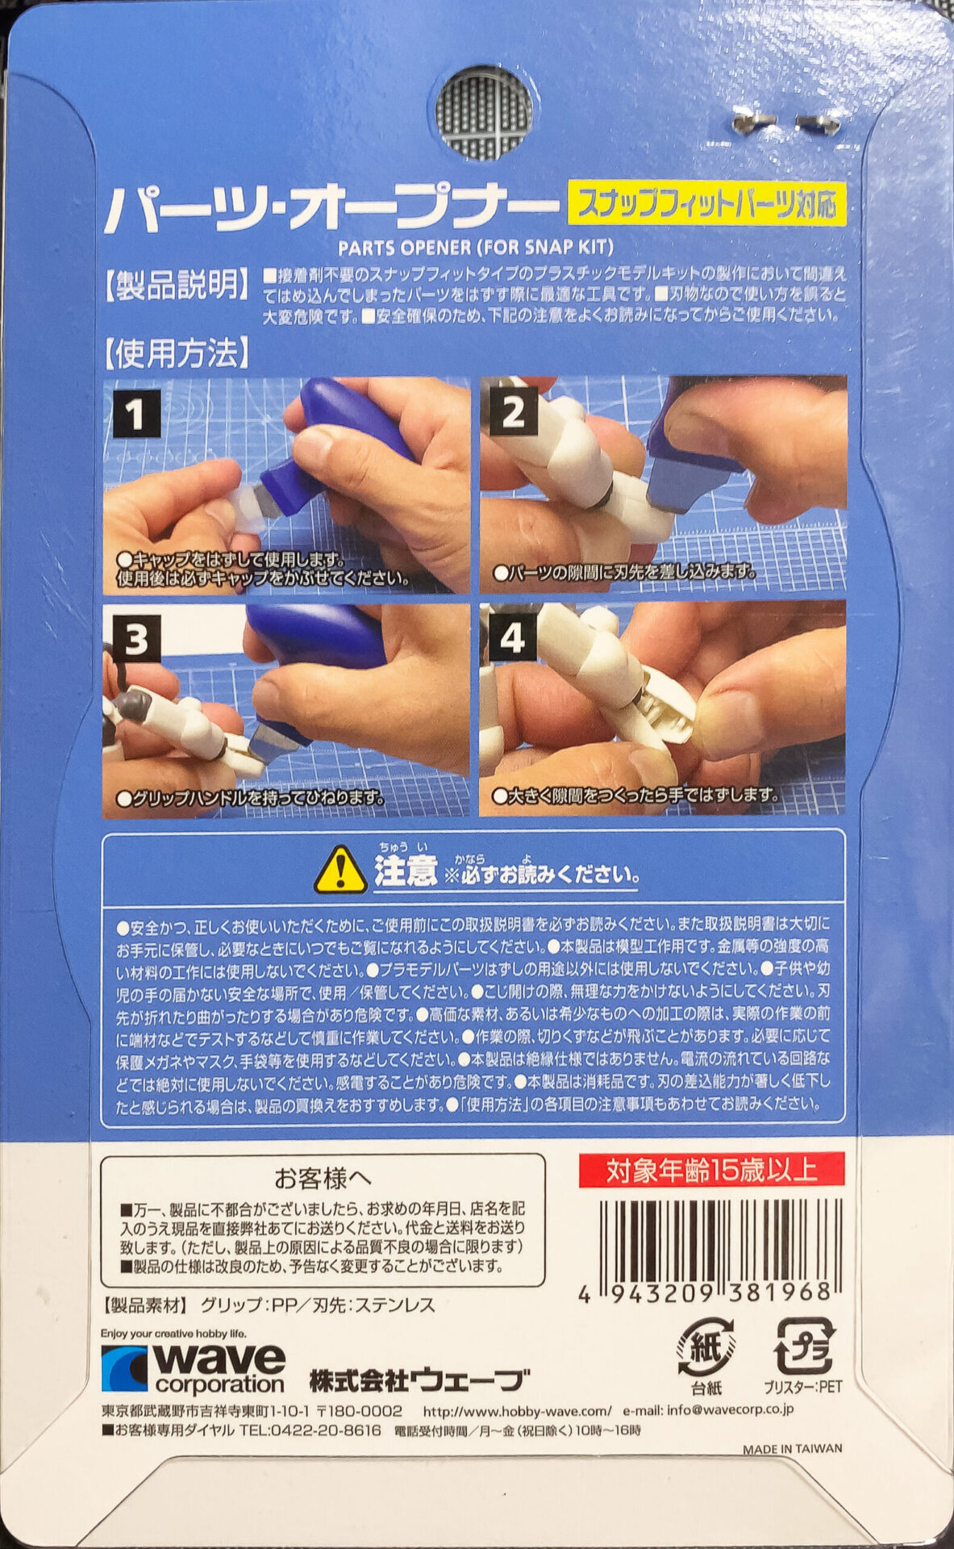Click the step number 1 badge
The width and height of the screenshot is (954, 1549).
tap(135, 415)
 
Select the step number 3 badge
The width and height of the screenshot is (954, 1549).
tap(136, 641)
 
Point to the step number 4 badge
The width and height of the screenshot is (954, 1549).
tap(513, 639)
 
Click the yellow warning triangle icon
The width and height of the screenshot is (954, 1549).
tap(341, 871)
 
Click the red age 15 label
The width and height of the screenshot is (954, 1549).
tap(711, 1170)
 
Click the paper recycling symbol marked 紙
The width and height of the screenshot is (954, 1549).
tap(706, 1347)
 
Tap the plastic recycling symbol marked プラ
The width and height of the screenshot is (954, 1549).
tap(804, 1347)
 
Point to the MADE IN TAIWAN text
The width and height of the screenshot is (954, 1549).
tap(792, 1449)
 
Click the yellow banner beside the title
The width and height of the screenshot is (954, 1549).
tap(707, 202)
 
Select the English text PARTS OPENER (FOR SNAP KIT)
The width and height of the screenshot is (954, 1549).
tap(476, 247)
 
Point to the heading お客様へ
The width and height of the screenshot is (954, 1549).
tap(323, 1179)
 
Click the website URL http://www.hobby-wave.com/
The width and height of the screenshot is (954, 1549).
tap(518, 1411)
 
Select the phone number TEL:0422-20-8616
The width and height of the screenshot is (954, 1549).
tap(310, 1430)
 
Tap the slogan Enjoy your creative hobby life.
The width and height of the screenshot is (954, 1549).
tap(173, 1334)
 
